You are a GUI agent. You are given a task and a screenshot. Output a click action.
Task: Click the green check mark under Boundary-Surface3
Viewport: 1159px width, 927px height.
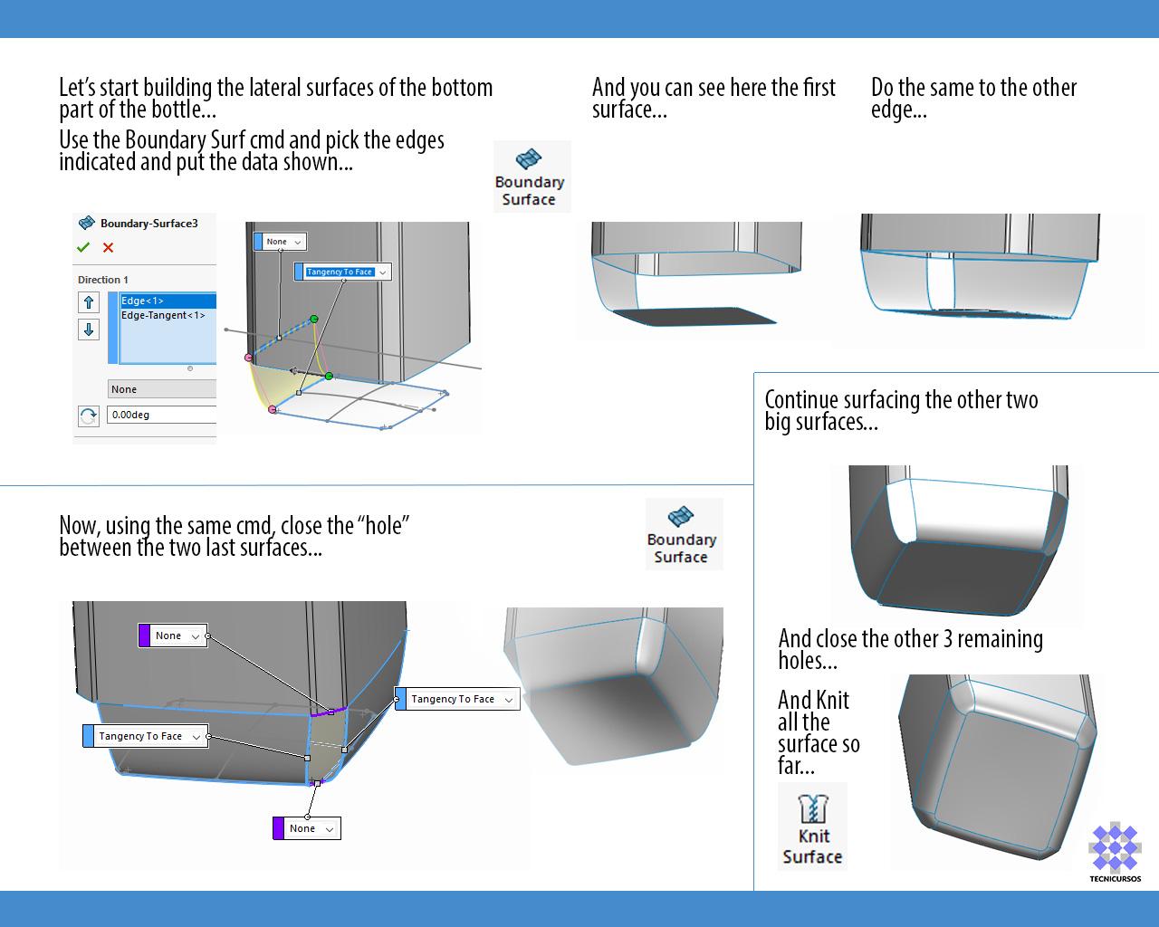(x=83, y=247)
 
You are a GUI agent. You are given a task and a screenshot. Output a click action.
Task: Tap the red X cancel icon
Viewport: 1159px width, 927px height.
(x=109, y=247)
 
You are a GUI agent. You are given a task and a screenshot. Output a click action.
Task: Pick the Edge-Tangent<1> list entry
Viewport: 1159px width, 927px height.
(x=163, y=315)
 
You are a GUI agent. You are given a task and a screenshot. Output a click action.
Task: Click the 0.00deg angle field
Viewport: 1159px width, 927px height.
(x=161, y=415)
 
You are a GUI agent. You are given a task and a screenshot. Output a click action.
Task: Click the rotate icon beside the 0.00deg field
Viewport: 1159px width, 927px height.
(x=88, y=416)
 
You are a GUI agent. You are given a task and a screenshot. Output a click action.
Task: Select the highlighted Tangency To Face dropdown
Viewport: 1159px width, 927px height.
(x=341, y=272)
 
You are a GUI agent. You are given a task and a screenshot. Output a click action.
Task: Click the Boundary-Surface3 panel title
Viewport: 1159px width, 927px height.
(x=148, y=223)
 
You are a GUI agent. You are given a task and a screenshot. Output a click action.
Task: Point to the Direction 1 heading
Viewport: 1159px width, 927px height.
(x=103, y=280)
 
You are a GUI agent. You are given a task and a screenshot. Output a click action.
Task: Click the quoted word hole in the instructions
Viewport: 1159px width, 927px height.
(x=384, y=525)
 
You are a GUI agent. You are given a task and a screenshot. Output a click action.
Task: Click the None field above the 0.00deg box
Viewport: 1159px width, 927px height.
(x=161, y=389)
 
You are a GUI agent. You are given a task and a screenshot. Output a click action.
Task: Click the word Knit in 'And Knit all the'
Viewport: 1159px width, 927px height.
(x=832, y=700)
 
